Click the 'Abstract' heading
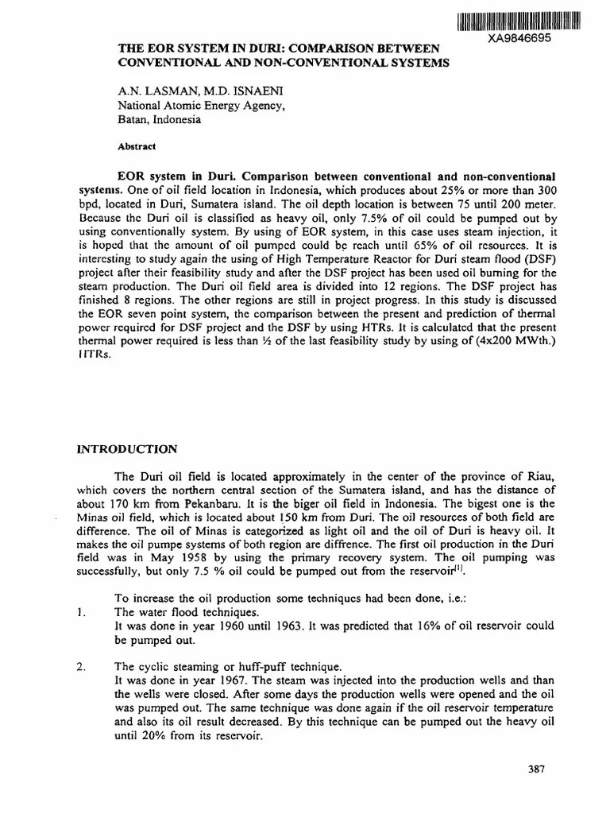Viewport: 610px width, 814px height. click(x=137, y=147)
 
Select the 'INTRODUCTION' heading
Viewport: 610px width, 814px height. click(x=126, y=448)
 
